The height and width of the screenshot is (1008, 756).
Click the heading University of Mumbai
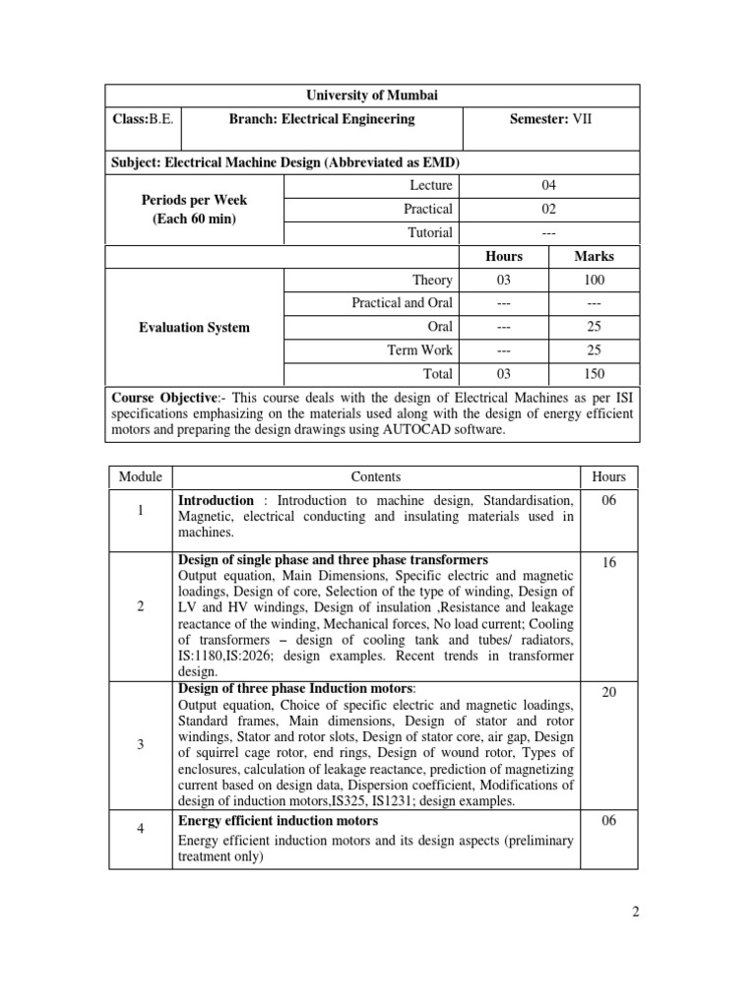372,95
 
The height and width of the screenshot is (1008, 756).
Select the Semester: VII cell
551,119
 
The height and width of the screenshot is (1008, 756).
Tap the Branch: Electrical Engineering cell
322,119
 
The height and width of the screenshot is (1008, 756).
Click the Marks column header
594,256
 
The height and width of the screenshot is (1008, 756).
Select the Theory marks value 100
594,281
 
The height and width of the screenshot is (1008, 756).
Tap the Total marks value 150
594,374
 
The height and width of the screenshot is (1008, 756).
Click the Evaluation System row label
195,327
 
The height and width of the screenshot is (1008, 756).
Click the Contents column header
375,477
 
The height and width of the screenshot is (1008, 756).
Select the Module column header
140,477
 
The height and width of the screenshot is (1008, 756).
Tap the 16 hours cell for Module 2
608,561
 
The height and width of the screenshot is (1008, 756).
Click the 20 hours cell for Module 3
608,693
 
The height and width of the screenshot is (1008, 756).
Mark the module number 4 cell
141,829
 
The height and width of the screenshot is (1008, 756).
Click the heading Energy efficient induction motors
278,820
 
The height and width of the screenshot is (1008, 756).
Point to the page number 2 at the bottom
636,913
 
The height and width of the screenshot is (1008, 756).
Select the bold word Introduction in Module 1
216,500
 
